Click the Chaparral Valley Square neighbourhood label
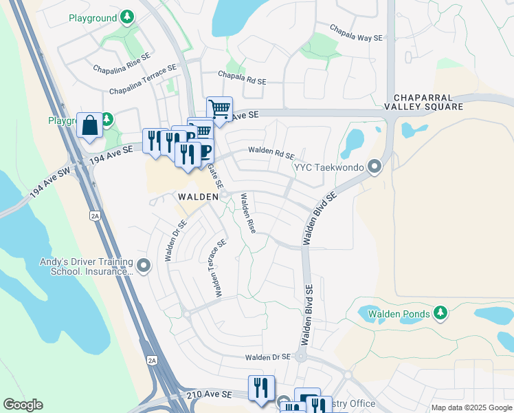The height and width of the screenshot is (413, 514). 423,103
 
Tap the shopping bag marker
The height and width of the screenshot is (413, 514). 89,125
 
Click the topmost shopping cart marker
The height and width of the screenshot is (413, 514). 219,108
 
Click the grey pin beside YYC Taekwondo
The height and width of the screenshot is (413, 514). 375,166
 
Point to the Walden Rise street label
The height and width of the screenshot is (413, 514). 247,213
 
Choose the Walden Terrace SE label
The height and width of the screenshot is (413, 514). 217,268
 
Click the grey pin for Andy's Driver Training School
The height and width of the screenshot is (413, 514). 144,265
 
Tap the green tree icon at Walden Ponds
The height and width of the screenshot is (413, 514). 440,314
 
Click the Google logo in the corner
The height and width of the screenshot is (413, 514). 23,405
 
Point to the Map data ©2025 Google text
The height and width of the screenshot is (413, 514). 471,407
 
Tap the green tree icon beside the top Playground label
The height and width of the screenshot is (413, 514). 126,16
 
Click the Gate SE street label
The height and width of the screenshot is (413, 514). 216,176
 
